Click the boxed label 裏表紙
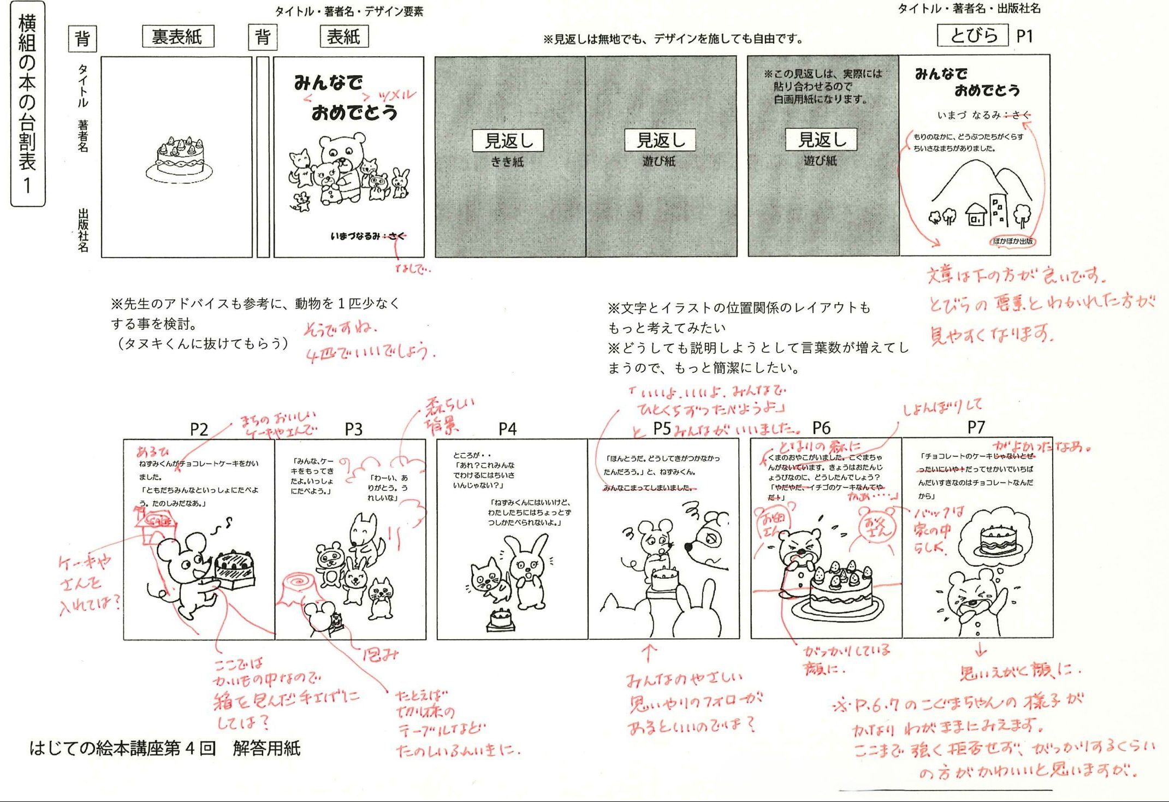(x=177, y=37)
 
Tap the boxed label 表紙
(x=343, y=37)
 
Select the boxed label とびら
(x=973, y=35)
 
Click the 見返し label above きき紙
(x=508, y=140)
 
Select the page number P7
(x=976, y=427)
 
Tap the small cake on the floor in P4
(x=500, y=620)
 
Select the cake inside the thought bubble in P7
(x=998, y=540)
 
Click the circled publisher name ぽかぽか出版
(x=1013, y=241)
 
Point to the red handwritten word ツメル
(x=396, y=96)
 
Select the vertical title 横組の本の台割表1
(x=27, y=104)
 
